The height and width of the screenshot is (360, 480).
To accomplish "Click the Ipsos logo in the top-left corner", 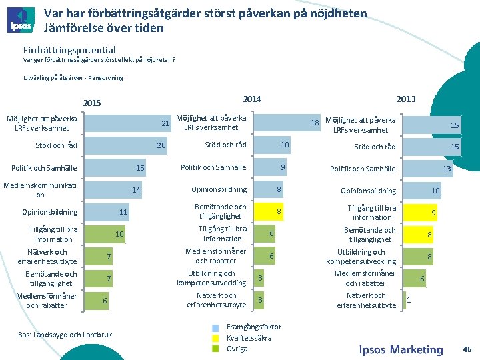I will click(21, 21).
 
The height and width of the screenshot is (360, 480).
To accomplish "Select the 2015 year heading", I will click(91, 103).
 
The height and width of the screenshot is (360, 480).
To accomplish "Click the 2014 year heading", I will click(251, 99).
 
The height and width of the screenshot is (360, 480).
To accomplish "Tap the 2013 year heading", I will click(405, 99).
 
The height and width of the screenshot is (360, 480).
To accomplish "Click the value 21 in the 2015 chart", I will click(166, 124).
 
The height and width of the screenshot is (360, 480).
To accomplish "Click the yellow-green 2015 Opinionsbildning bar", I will click(107, 212).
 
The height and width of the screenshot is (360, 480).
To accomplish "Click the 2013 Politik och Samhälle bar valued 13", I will click(427, 169).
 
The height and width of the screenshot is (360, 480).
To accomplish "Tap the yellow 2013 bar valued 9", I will click(420, 213).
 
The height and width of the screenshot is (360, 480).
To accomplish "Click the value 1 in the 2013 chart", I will click(409, 300).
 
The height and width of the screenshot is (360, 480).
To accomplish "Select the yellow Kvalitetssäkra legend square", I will click(215, 338).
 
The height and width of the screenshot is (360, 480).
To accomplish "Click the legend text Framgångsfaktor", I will click(254, 327).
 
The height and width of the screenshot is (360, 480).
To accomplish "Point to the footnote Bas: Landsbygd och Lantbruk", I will click(65, 334).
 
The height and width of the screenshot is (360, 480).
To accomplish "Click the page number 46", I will click(467, 349).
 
